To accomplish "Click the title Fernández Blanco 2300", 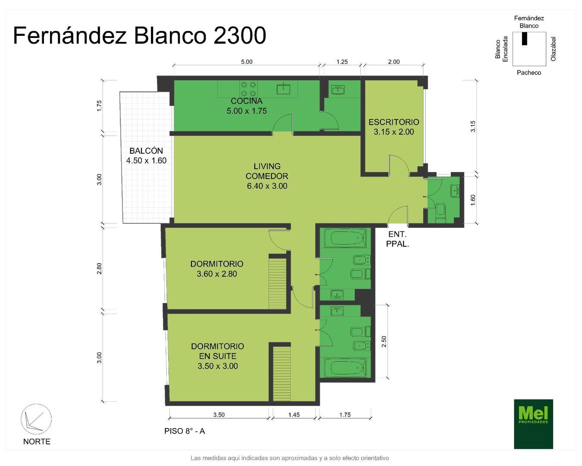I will point(139,35).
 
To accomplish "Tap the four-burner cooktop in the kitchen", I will point(248,89).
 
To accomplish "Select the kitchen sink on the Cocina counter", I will point(283,89).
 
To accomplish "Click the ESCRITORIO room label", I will point(394,127).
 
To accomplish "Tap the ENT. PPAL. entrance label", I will point(397,239).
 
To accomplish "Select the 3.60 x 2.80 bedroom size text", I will point(217,274).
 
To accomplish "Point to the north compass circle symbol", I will point(36,419).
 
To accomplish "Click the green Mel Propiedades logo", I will point(533,424).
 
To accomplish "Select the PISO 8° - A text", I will point(185,431).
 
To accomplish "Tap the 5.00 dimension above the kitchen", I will point(247,62).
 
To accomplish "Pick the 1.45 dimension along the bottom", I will point(294,415).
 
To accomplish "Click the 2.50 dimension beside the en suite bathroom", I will point(384,341).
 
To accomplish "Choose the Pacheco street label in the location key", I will point(529,72).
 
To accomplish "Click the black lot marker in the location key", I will point(524,38).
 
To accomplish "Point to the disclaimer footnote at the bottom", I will point(290,458).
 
